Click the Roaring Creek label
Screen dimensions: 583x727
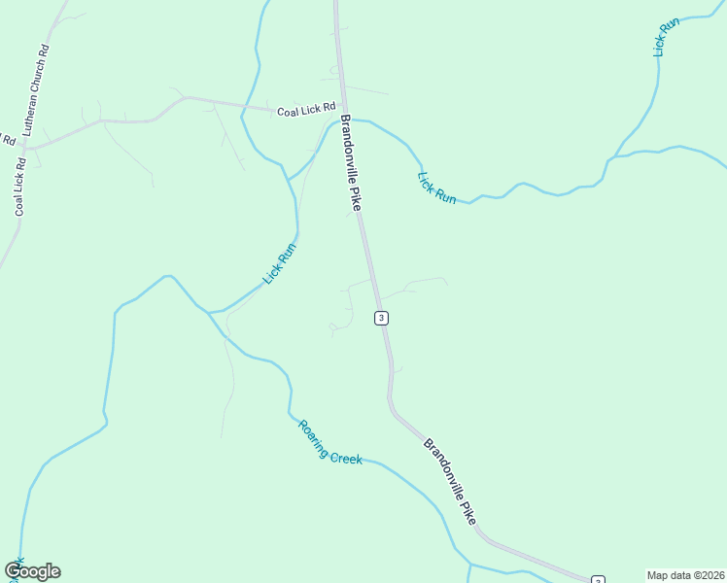point(330,442)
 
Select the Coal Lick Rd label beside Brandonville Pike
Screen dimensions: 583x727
point(305,110)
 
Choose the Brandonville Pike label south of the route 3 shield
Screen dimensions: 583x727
point(450,481)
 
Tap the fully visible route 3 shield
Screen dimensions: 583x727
point(382,318)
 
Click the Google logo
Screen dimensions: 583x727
point(32,571)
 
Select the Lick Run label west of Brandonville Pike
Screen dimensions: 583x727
point(279,263)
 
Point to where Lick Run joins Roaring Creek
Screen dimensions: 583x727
point(208,312)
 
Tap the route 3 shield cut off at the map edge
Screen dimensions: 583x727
point(597,579)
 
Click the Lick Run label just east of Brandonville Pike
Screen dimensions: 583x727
point(436,188)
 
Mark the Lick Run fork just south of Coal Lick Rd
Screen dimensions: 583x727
point(289,179)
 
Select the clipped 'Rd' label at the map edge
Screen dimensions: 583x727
point(8,139)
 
